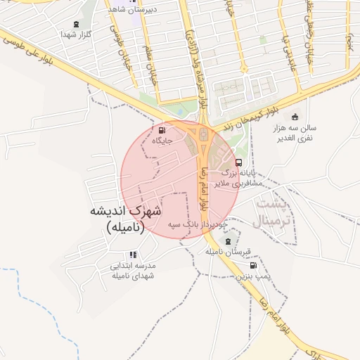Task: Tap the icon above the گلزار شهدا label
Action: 76,24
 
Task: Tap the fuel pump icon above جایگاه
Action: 163,131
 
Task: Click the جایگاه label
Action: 163,141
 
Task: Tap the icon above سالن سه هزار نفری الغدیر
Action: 295,117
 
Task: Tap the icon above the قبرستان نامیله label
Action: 226,240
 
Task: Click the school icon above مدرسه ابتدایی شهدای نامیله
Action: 132,255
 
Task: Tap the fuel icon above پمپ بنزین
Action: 253,265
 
